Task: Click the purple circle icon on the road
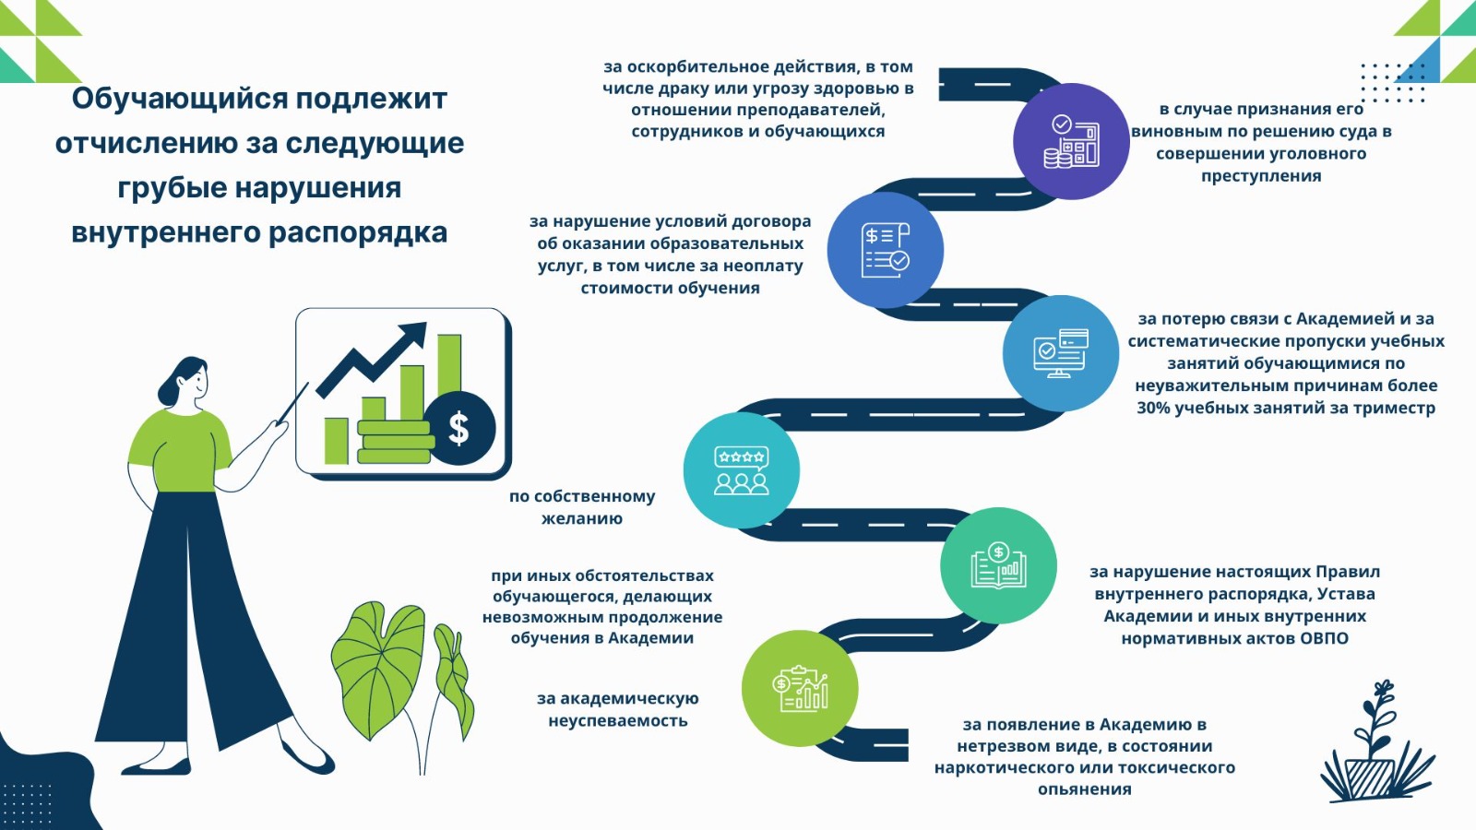(1071, 141)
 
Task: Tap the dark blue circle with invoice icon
(886, 250)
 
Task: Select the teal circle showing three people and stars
(742, 470)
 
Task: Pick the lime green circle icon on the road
(800, 688)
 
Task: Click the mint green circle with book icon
(998, 565)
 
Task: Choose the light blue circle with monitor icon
(1061, 353)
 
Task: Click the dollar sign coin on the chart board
(458, 429)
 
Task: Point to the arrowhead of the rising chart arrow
(414, 335)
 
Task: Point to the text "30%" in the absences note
(1153, 408)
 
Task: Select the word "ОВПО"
(1325, 638)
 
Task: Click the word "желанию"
(582, 519)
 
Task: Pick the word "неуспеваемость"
(618, 721)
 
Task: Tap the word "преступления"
(1261, 176)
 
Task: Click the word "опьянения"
(1085, 789)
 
